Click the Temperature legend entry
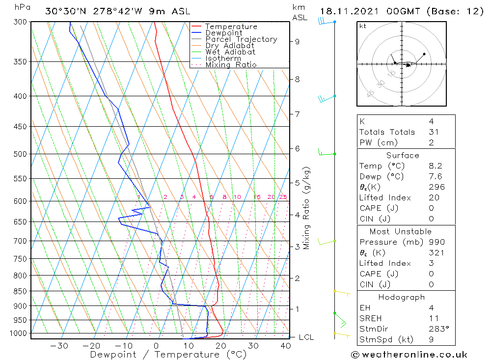(231, 27)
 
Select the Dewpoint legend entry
(223, 33)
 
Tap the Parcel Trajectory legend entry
(241, 39)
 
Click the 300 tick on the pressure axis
(21, 22)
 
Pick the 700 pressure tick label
(21, 241)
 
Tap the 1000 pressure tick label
(19, 333)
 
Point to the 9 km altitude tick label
(298, 42)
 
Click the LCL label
(306, 337)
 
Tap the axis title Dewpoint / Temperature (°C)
(168, 355)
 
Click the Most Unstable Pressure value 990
(436, 242)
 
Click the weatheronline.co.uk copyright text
(409, 355)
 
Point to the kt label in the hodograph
(363, 27)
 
